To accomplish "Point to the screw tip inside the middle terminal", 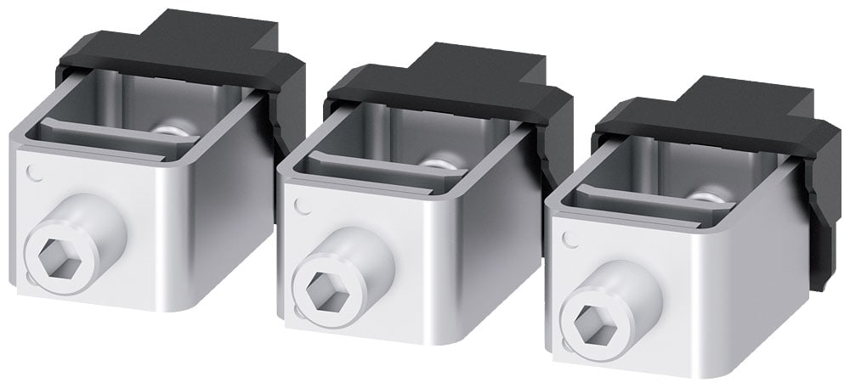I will pyautogui.click(x=442, y=163).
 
